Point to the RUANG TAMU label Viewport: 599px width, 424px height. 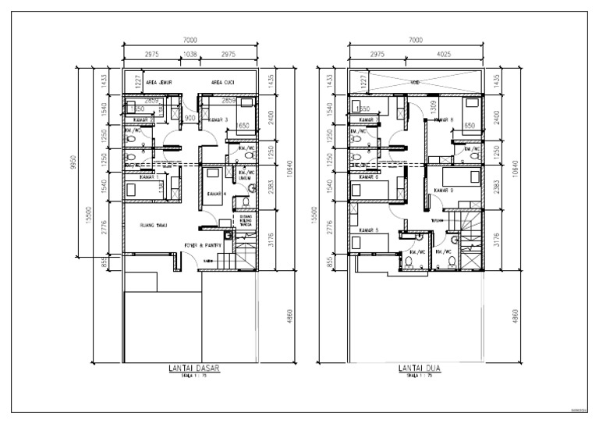pyautogui.click(x=154, y=226)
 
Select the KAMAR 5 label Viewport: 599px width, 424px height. pyautogui.click(x=369, y=230)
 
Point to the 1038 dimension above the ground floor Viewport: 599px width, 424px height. pyautogui.click(x=189, y=55)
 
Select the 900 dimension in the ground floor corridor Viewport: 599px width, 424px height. pyautogui.click(x=190, y=118)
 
